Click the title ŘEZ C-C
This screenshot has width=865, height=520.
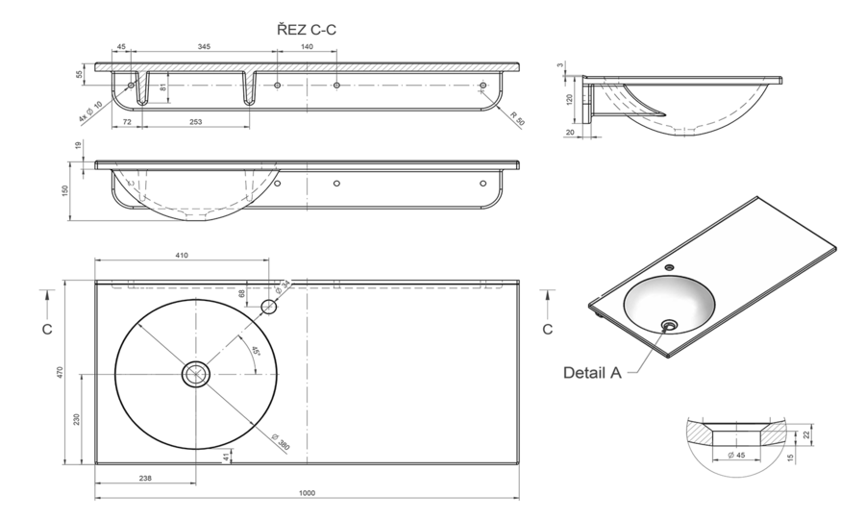coord(307,30)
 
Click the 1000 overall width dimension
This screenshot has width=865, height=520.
coord(307,493)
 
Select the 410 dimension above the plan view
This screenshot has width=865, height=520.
coord(181,256)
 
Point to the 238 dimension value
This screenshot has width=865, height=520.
coord(145,477)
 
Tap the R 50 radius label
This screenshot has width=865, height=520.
coord(517,119)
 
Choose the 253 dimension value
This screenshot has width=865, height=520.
coord(196,123)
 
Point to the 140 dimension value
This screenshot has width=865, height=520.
coord(307,46)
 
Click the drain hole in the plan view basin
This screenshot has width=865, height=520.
coord(196,374)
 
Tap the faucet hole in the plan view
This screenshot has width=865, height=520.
coord(269,308)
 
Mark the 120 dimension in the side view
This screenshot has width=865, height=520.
coord(570,99)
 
